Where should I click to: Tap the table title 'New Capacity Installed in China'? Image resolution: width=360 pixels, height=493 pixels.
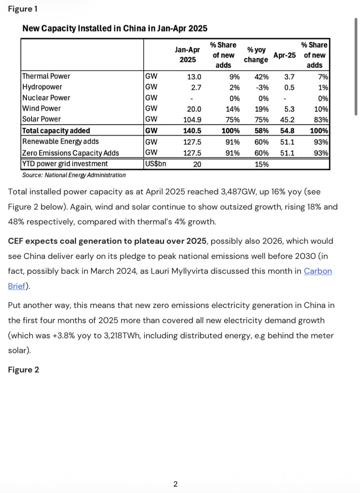115,28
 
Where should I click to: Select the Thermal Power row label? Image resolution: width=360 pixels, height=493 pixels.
46,76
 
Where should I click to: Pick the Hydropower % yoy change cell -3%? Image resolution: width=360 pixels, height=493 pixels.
261,87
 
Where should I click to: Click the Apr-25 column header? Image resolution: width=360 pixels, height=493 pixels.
284,55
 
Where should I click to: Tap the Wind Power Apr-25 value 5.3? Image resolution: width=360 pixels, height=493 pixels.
290,108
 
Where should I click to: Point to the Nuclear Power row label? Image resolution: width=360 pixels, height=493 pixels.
46,98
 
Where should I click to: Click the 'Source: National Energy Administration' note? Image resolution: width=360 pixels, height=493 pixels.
74,175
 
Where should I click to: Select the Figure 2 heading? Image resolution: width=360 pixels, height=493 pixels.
24,370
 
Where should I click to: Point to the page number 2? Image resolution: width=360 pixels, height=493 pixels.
175,484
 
